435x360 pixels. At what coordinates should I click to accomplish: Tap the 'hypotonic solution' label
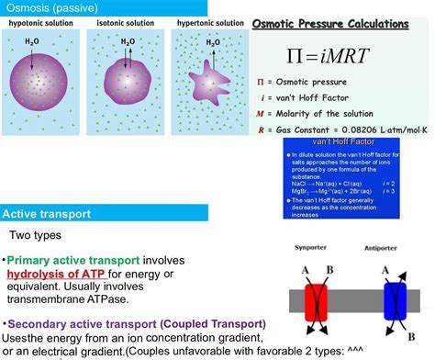pyautogui.click(x=41, y=22)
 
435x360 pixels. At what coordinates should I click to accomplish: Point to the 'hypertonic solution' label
pyautogui.click(x=209, y=22)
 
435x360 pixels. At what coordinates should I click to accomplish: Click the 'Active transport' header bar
pyautogui.click(x=46, y=214)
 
